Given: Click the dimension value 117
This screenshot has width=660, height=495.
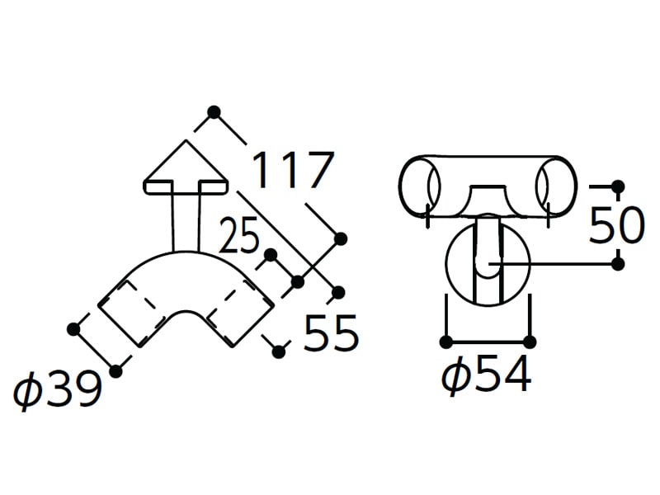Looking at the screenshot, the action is pos(293,170).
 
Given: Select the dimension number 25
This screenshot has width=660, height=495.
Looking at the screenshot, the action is pos(238,236).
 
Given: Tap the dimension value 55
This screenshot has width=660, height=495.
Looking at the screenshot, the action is pos(331,332).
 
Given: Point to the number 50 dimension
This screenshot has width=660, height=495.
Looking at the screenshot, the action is pos(616,225).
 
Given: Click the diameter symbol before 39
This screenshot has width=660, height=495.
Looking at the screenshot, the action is pos(28,389).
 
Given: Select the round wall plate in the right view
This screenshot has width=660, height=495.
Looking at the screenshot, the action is pos(488,263).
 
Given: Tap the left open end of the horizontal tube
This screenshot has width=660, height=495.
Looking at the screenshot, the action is pos(419,185).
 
